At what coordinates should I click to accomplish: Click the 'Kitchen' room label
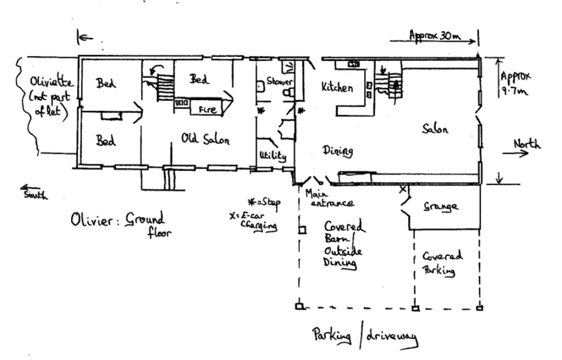(337, 87)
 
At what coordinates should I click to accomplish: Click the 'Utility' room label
(273, 157)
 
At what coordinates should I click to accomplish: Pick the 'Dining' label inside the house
(337, 150)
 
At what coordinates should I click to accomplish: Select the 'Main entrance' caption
(329, 199)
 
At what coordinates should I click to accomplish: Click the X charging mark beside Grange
(402, 189)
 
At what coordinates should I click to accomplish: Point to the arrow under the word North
(516, 153)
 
